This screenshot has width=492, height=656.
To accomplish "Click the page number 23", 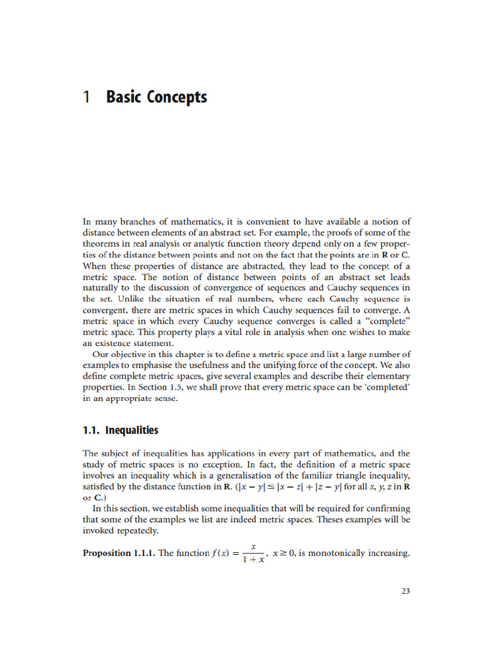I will tap(405, 591).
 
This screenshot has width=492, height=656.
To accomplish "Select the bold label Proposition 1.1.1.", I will tap(119, 553).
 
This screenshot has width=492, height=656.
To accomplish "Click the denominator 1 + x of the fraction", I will tap(253, 560).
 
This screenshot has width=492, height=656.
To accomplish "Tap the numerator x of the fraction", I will tap(254, 547).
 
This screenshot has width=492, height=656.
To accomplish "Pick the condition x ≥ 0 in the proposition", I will tap(283, 553).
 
